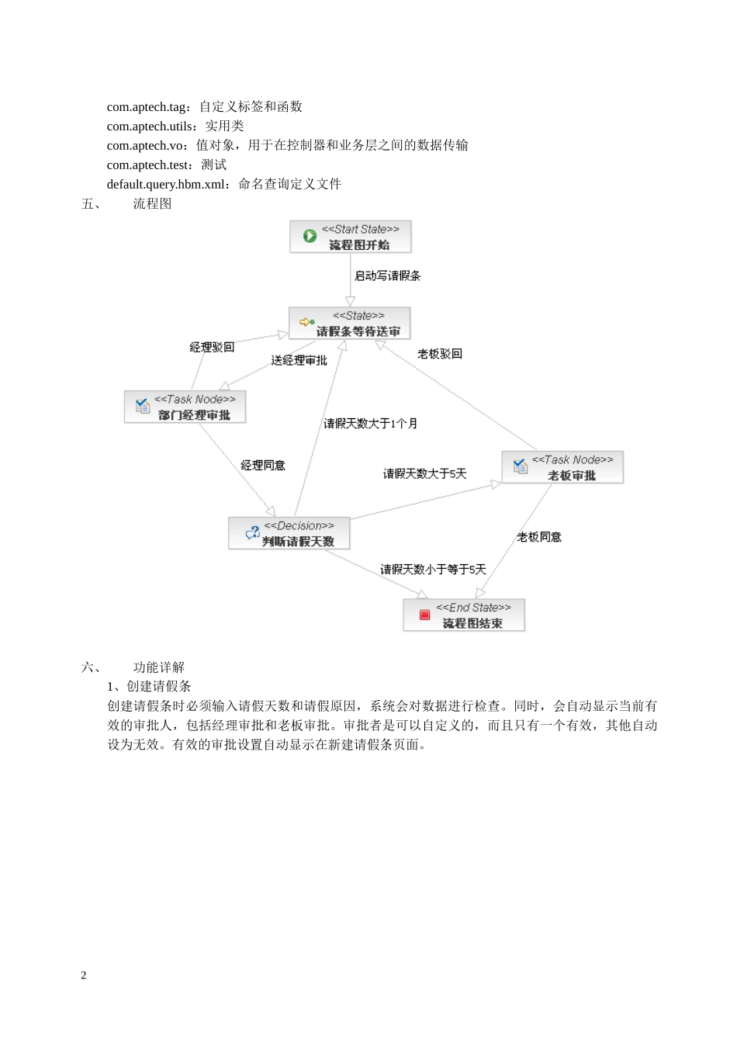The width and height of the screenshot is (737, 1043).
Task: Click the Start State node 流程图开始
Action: [351, 237]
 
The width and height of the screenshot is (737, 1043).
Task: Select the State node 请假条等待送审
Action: [350, 324]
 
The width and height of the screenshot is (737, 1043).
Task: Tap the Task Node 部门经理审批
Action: [185, 407]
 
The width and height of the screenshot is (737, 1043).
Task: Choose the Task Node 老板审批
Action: [562, 468]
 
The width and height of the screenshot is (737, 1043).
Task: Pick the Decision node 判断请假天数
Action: [289, 534]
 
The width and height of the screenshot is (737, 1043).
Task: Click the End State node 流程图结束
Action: [464, 615]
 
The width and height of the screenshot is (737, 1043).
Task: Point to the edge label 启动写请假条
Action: [387, 275]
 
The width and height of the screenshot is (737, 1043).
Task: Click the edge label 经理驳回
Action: [212, 347]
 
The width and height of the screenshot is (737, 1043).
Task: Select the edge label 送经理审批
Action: [299, 361]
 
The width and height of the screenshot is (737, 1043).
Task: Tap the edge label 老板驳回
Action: [440, 354]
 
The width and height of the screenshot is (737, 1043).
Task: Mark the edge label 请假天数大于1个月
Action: [370, 424]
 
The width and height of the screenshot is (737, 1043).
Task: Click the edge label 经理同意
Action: [263, 466]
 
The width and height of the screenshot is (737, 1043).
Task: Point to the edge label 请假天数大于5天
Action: [424, 474]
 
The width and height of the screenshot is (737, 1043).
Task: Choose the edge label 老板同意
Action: [539, 537]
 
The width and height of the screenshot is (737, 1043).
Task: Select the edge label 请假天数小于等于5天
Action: [433, 570]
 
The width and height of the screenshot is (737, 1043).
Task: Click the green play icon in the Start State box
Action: [310, 236]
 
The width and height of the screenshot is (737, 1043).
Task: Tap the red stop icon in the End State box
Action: [424, 615]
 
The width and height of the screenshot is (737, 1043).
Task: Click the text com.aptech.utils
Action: [151, 126]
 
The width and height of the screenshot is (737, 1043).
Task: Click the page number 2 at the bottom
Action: [84, 975]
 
